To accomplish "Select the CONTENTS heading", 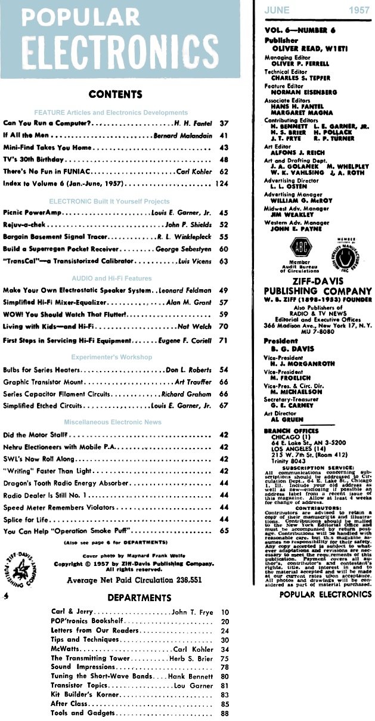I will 115,94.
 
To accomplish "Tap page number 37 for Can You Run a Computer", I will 225,123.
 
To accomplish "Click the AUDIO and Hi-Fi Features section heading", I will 112,279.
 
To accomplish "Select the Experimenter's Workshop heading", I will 111,357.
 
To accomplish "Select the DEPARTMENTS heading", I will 139,598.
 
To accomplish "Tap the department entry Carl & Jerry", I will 72,612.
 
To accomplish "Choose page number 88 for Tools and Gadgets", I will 225,713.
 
